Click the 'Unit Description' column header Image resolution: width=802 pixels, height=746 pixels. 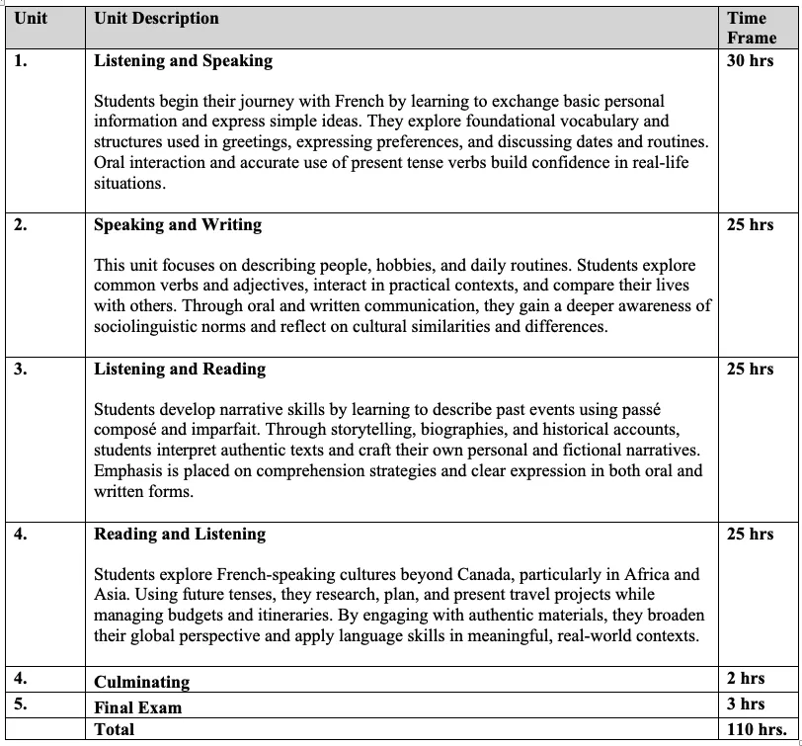coord(156,18)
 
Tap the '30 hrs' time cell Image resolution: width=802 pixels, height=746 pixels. coord(750,60)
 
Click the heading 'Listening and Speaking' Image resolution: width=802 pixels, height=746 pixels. coord(183,60)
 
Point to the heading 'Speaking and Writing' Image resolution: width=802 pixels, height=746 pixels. coord(179,224)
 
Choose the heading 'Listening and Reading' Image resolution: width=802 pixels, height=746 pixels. coord(180,369)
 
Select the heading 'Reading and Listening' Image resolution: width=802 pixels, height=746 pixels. coord(180,534)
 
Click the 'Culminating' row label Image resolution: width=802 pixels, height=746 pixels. coord(141,682)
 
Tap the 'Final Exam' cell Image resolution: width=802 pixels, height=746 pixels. coord(137,707)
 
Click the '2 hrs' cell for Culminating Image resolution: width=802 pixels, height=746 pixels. coord(746,678)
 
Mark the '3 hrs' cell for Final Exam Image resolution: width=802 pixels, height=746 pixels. coord(746,704)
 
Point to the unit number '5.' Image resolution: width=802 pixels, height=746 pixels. coord(21,704)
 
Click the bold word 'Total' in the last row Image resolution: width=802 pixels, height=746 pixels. coord(114,729)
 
